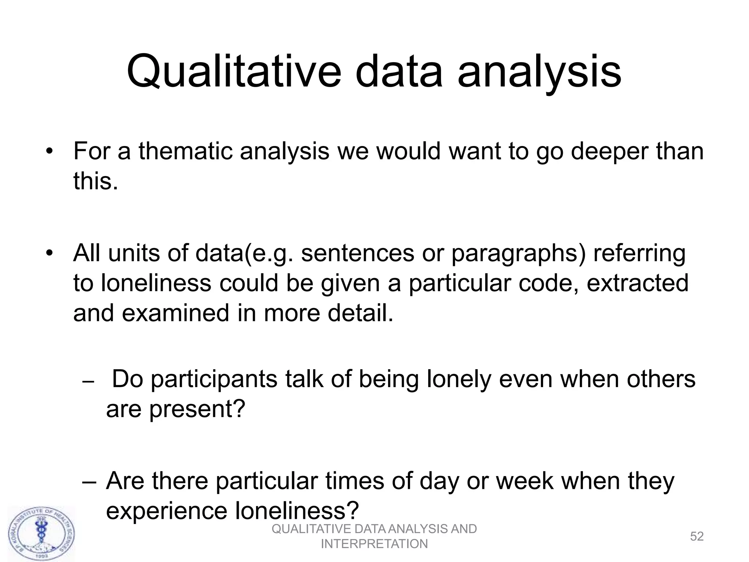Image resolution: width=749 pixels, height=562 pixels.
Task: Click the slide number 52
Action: (697, 536)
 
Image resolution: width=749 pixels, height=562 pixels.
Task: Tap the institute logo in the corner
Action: (41, 533)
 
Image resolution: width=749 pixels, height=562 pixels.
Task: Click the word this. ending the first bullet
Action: (96, 181)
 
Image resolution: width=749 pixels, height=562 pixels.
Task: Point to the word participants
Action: (214, 379)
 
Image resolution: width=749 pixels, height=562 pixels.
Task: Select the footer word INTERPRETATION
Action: (374, 544)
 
